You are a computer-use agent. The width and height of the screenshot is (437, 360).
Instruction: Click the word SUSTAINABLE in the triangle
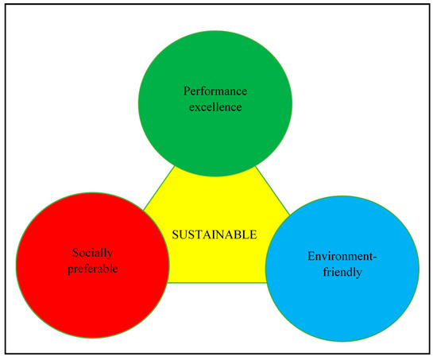215,234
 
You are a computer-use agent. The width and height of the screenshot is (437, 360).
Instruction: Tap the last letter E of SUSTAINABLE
253,234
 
